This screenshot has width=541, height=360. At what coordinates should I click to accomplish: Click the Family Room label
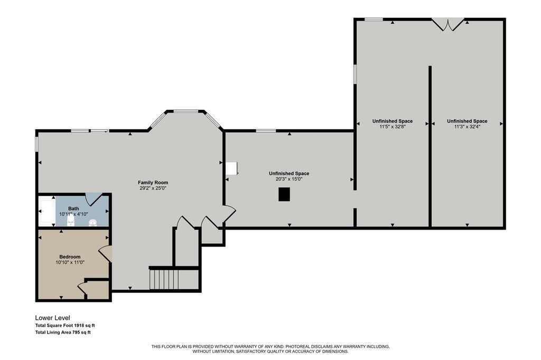point(153,183)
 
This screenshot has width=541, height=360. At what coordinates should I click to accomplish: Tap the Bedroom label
point(70,257)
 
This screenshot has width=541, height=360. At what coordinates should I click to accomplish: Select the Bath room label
point(73,209)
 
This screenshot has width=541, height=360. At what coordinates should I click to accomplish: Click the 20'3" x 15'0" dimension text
point(289,179)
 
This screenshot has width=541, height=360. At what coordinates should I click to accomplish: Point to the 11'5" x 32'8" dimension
point(393,127)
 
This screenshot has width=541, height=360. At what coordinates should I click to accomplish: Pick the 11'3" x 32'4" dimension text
point(467,127)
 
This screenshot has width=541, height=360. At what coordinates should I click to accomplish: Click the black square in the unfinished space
point(284,194)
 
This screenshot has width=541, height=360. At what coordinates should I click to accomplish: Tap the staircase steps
point(164,280)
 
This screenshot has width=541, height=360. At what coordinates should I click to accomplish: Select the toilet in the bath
point(71,221)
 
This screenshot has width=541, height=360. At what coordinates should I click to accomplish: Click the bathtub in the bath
point(46,211)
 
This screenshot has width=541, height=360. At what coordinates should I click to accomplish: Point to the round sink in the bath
point(93,223)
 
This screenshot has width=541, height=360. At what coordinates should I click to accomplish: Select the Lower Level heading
point(52,318)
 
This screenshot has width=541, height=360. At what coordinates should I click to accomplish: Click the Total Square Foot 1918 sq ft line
point(65,325)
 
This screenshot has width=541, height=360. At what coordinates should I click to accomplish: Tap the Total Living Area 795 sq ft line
point(63,333)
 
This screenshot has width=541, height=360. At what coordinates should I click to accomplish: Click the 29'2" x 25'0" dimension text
point(153,188)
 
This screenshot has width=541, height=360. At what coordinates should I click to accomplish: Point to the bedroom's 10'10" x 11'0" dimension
point(70,262)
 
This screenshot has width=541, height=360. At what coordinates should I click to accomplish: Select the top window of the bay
point(185,111)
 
